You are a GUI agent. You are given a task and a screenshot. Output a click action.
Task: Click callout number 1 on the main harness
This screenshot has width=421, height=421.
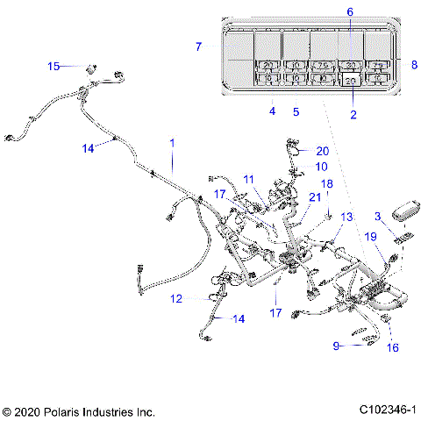point(172,142)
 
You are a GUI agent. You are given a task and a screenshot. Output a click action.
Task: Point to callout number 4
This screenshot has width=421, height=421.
point(273,111)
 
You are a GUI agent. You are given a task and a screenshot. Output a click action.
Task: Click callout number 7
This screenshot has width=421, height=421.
point(199,46)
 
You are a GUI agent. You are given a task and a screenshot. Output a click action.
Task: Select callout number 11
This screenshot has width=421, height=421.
point(249,180)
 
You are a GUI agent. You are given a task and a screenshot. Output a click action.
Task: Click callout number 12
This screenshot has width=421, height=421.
point(176,299)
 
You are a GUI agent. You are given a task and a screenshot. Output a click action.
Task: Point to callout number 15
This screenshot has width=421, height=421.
point(54,66)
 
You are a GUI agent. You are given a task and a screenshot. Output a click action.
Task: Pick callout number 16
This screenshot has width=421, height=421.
point(392,347)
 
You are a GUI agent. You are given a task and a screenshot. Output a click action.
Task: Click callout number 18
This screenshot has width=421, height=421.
point(326,184)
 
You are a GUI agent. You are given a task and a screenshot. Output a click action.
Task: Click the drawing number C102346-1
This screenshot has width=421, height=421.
point(387,410)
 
